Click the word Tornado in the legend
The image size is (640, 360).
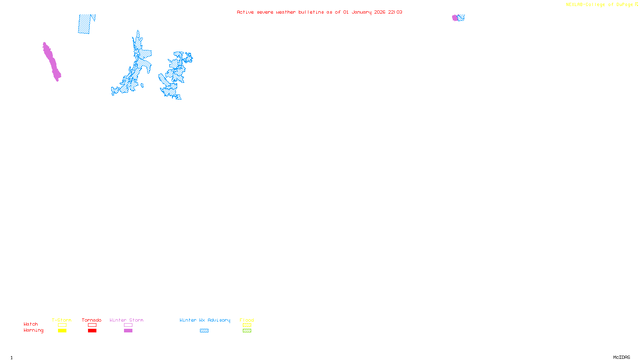92,320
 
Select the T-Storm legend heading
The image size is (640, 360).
62,320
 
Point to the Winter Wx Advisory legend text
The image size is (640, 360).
205,320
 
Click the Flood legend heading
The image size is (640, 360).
247,320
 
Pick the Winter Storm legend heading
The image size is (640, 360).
126,320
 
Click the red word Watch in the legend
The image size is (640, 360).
31,324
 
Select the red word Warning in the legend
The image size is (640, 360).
33,330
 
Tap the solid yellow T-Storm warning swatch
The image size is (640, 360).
62,331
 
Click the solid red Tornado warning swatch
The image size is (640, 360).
92,331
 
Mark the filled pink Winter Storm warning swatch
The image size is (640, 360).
128,331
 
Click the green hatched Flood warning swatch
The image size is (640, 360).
247,331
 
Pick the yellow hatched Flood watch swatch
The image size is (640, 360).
247,325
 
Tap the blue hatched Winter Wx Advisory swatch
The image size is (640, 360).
204,331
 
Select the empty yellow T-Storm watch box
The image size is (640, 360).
62,325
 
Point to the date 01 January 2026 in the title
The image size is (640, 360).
364,12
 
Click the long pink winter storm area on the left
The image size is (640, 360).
52,62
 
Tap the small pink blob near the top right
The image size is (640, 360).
455,18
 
